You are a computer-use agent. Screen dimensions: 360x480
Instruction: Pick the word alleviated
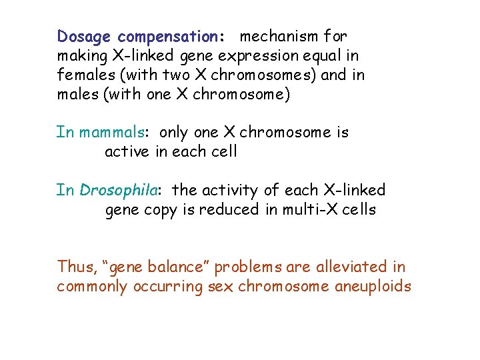click(x=345, y=267)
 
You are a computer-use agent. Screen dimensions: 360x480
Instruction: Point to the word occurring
click(x=171, y=287)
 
